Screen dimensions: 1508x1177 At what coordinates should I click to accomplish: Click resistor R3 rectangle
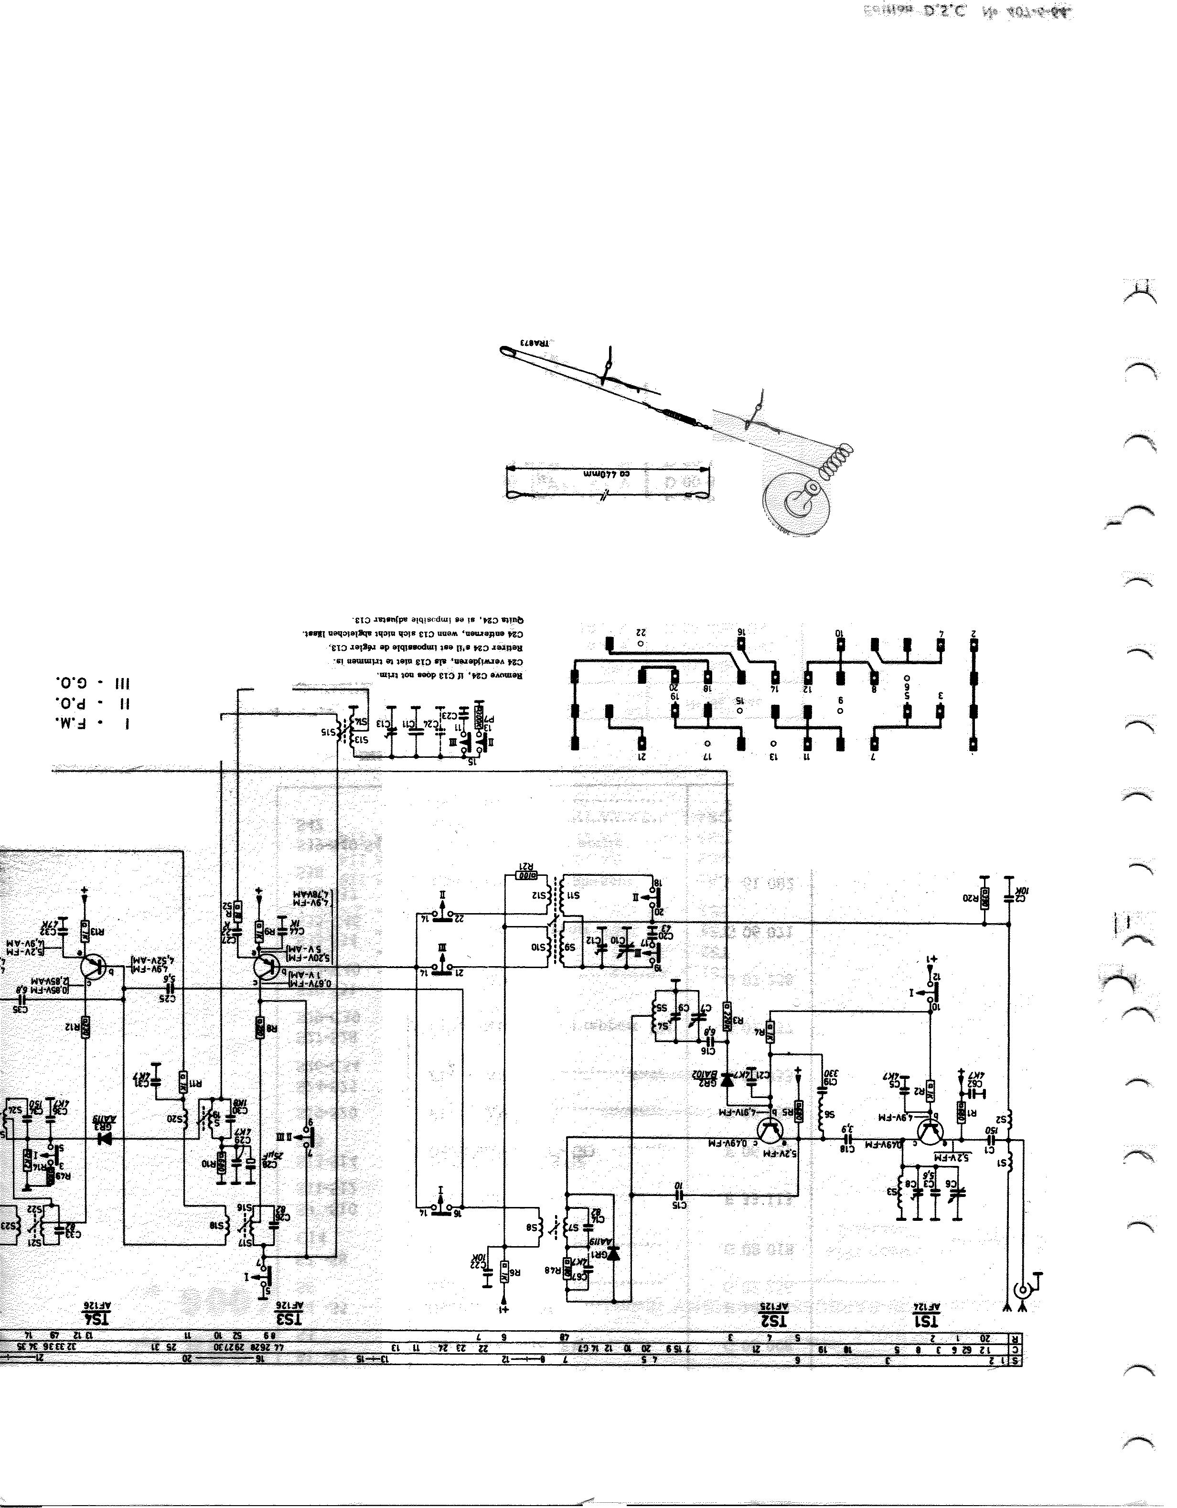(x=727, y=1014)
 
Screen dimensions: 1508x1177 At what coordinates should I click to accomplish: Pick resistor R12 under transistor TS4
(x=86, y=1026)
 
